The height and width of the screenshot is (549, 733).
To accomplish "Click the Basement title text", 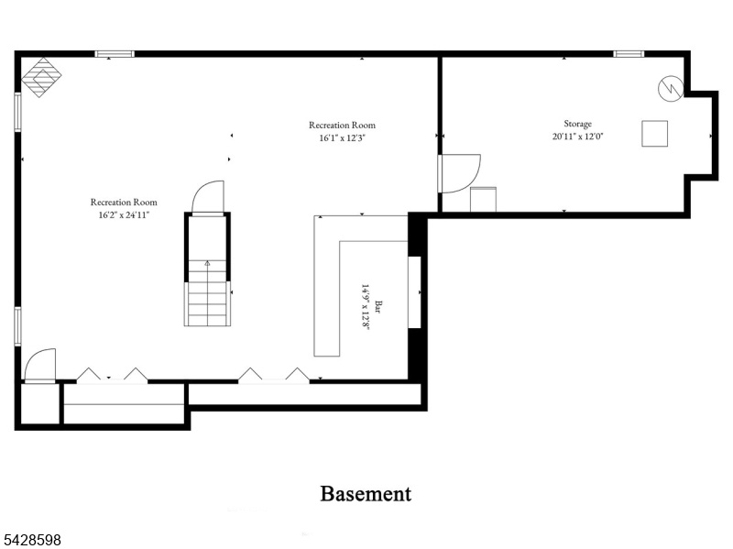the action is click(x=366, y=494).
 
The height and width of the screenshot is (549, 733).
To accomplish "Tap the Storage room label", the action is click(x=577, y=124).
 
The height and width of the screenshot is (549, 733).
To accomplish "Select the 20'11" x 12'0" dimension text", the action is click(x=578, y=137).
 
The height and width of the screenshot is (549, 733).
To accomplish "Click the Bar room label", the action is click(x=377, y=307).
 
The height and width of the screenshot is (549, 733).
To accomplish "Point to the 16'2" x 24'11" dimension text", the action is click(x=124, y=215).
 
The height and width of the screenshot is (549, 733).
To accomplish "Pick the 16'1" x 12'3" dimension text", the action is click(x=342, y=138).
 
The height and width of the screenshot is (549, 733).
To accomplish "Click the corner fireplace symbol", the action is click(x=41, y=77).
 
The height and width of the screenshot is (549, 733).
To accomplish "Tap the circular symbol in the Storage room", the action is click(x=671, y=88).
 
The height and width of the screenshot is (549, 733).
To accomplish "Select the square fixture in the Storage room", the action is click(x=654, y=133).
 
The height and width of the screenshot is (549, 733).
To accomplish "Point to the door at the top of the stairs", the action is click(x=208, y=198).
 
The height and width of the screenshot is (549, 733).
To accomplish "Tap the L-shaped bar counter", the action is click(x=326, y=286).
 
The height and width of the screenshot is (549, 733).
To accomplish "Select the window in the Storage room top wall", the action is click(x=629, y=54).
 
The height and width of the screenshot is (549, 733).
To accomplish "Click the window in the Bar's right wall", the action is click(x=415, y=292).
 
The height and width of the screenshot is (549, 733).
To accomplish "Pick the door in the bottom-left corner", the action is click(x=39, y=367).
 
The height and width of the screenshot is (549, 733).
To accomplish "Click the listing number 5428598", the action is click(x=30, y=540).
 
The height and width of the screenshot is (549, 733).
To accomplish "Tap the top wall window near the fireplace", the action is click(x=115, y=54).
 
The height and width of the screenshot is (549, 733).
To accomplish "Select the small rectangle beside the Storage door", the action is click(x=484, y=200).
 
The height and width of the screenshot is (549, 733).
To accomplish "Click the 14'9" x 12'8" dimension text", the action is click(x=365, y=307).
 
